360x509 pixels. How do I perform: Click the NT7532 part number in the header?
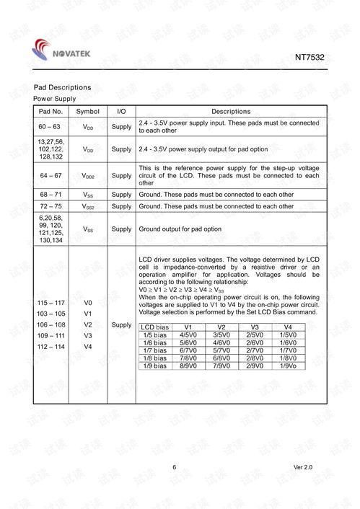coord(309,56)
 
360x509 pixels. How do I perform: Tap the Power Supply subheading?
coord(55,98)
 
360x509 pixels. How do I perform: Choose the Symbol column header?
coord(88,112)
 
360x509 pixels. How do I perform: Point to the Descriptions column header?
coord(231,112)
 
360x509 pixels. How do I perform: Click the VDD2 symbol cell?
coord(88,175)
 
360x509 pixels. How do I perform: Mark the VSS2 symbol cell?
coord(88,206)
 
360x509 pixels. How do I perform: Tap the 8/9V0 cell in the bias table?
coord(188,366)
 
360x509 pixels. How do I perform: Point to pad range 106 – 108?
coord(50,325)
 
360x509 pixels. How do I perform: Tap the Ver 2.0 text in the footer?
coord(303,469)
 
